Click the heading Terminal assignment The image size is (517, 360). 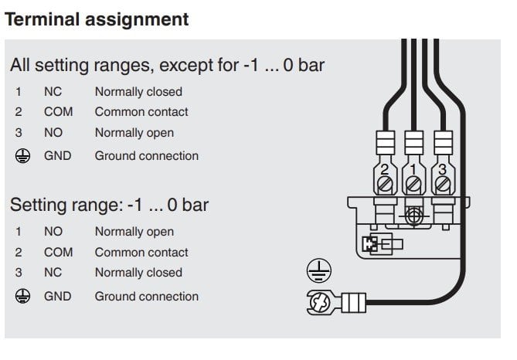[x=97, y=19]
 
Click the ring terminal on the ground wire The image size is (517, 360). [x=320, y=302]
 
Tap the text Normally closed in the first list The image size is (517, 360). [x=138, y=91]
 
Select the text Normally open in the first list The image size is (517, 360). [x=134, y=133]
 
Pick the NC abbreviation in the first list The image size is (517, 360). [x=53, y=91]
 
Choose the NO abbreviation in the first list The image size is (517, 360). [x=53, y=133]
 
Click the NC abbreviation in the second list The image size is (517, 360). [x=53, y=272]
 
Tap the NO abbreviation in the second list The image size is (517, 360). [x=53, y=231]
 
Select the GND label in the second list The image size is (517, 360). [x=57, y=296]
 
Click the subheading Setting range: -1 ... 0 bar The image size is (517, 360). [x=109, y=205]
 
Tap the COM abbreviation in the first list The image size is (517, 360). [x=58, y=111]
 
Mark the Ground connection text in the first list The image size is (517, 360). [x=146, y=155]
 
